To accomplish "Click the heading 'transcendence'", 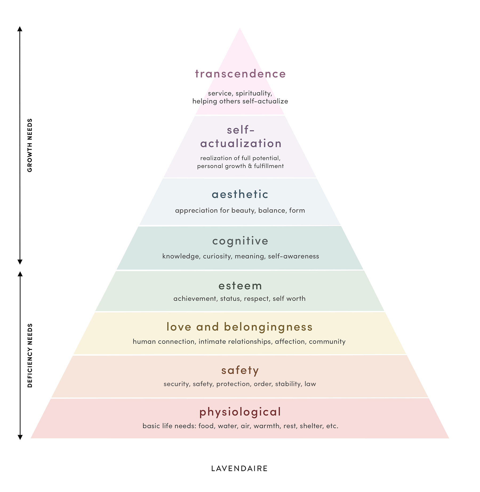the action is tap(240, 74).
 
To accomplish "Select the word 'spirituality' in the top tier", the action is tap(254, 94).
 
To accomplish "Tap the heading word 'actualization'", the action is tap(241, 144).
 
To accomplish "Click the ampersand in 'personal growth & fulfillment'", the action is tap(250, 166).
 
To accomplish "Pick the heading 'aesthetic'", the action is tap(240, 194).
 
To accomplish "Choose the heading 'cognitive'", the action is tap(240, 241).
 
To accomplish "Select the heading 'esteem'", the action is tap(240, 286).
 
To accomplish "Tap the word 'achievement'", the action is tap(195, 299).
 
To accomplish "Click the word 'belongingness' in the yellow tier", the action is tap(268, 327).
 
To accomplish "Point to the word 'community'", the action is tap(327, 342).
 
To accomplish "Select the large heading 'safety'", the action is tap(240, 371).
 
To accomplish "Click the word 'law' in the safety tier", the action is tap(310, 384).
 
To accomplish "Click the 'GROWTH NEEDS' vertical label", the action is tap(30, 145).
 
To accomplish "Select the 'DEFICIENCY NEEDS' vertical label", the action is tap(30, 355).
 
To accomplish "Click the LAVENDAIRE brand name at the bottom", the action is tap(239, 469).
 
